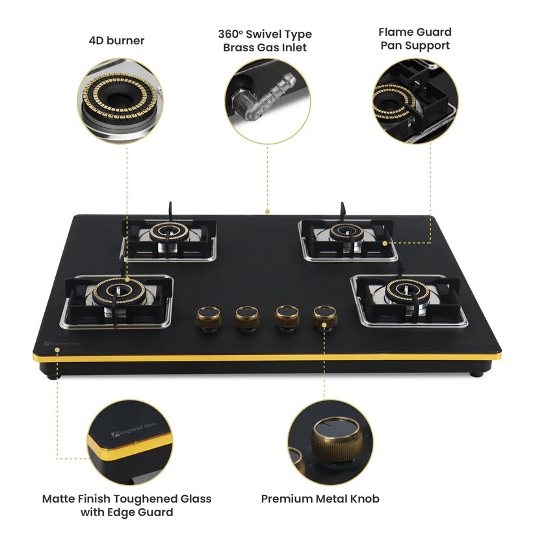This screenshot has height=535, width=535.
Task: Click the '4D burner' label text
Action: coord(116,41)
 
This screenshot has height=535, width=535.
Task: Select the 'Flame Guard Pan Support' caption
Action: coord(415,38)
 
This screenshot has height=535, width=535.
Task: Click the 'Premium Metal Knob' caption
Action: coord(320,499)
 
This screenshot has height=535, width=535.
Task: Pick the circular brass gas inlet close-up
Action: coord(267,101)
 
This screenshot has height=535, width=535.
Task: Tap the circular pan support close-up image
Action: coord(415,101)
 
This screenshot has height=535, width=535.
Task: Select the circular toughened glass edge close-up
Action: coord(131,442)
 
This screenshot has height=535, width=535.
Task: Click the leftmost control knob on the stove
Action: coord(209,317)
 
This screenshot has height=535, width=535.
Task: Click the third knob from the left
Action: coord(286,317)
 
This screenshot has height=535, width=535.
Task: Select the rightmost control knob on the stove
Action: coord(324,317)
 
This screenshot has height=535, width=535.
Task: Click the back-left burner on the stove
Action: coord(168,232)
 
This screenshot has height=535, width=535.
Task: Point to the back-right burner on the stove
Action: coord(346,231)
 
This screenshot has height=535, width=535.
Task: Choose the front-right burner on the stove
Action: coord(407,292)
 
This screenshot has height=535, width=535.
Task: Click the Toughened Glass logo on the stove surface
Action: coord(62,341)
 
